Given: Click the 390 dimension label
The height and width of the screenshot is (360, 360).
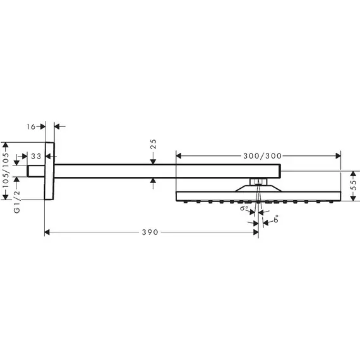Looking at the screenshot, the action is click(x=150, y=232).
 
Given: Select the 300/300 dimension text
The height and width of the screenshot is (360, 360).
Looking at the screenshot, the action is click(x=263, y=156).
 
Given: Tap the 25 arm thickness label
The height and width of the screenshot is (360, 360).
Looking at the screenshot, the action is click(x=153, y=144).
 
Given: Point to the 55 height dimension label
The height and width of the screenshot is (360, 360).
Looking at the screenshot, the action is click(x=354, y=185).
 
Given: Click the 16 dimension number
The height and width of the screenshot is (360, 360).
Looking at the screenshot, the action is click(x=31, y=126).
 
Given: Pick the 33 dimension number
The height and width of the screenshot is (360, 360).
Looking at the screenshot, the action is click(x=36, y=157).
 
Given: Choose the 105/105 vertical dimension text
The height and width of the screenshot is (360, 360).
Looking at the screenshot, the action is click(x=6, y=171).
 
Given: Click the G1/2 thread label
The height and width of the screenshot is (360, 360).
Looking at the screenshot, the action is click(x=17, y=202).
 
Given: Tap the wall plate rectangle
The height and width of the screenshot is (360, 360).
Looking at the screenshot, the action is click(x=49, y=171).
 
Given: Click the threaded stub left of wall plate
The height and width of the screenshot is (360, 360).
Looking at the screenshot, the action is click(x=36, y=171).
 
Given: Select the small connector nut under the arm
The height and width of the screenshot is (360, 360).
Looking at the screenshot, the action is click(x=258, y=182).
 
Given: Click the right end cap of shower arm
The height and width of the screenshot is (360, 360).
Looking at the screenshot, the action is click(x=280, y=171).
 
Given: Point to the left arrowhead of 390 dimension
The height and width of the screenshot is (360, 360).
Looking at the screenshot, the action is click(x=47, y=232).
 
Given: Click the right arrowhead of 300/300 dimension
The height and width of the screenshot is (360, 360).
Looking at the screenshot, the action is click(x=338, y=156).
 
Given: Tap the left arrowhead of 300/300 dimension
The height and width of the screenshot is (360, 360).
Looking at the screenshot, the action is click(x=179, y=156).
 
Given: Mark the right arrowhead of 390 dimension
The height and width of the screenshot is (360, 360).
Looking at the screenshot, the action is click(x=256, y=232).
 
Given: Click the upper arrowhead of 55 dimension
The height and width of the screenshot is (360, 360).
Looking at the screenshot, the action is click(x=353, y=174).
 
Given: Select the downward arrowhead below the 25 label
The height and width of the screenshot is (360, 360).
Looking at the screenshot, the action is click(x=153, y=162).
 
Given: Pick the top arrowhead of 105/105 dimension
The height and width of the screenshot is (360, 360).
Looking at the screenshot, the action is click(x=6, y=145).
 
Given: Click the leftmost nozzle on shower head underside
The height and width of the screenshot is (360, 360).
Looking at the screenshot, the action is click(x=185, y=202).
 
